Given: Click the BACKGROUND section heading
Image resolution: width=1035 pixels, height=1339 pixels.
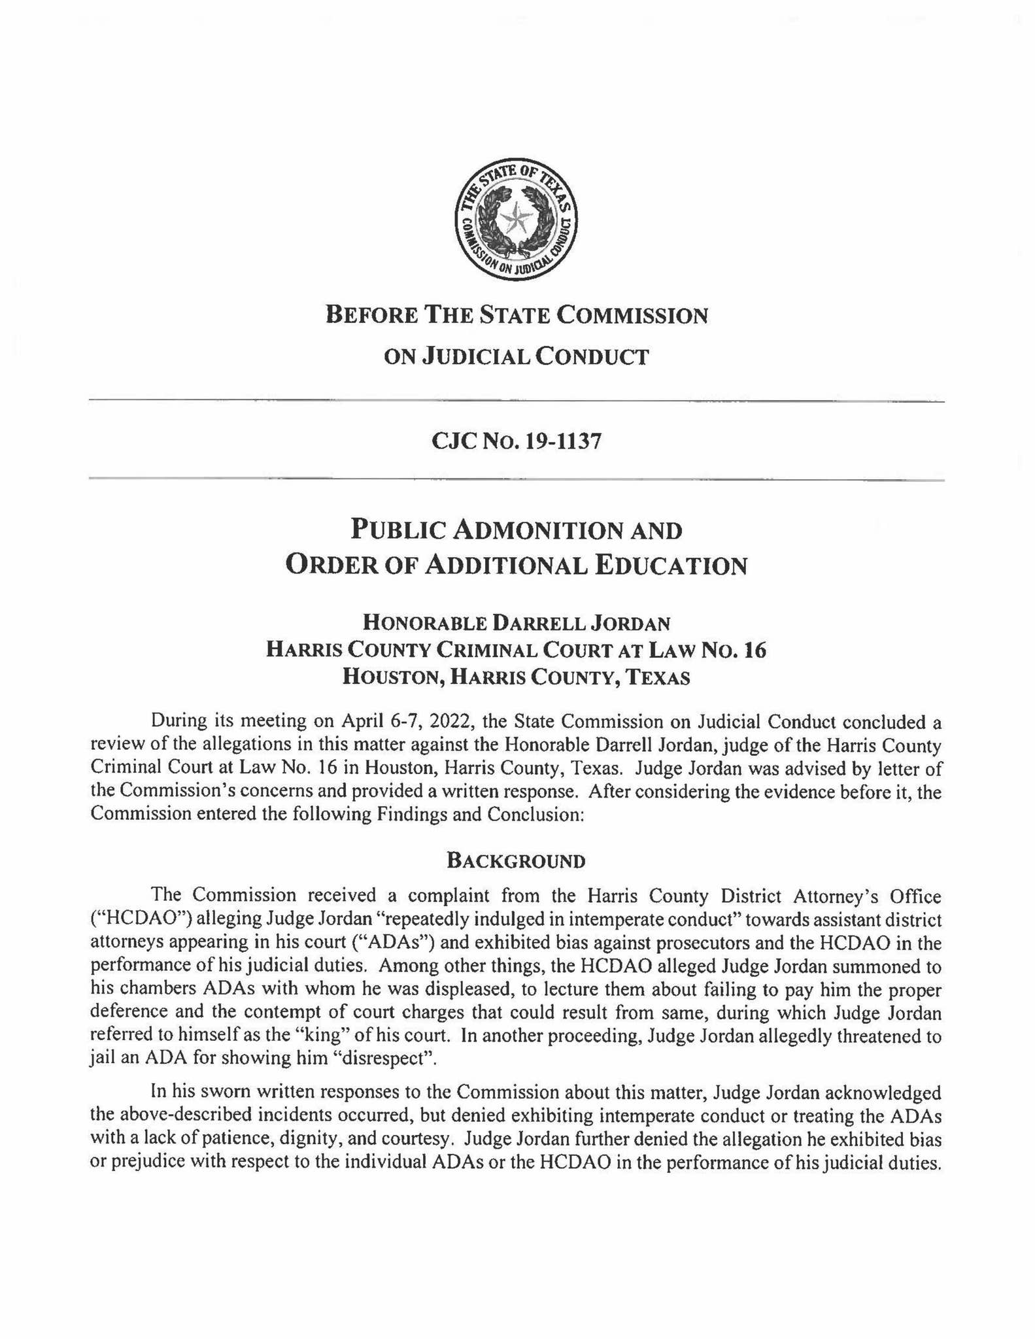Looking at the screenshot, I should tap(516, 860).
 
